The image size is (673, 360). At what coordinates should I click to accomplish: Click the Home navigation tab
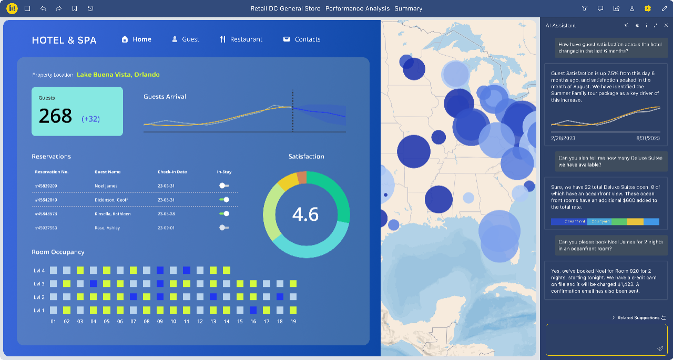coord(137,39)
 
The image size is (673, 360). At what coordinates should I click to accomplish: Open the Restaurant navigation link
coord(241,39)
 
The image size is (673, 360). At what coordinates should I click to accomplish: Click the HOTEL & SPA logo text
coord(64,40)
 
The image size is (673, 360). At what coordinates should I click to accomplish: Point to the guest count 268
coord(56,116)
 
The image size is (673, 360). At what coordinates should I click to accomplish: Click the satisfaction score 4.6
coord(305,214)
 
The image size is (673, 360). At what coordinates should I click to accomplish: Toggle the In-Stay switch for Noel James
coord(224,186)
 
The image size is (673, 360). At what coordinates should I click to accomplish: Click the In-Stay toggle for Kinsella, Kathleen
coord(224,214)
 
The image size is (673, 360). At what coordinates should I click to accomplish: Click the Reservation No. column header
coord(52,172)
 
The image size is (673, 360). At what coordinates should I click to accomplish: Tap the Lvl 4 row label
coord(39,271)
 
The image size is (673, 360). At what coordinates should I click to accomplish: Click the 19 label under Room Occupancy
coord(293,321)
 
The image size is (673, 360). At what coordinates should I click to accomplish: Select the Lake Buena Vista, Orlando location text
coord(118,75)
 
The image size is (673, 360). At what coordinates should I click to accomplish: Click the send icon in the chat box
coord(660,348)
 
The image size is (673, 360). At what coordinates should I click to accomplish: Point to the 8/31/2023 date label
coord(647,138)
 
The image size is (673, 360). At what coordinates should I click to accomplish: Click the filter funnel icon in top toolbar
coord(585,8)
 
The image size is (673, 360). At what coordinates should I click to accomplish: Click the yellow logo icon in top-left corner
coord(12,8)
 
